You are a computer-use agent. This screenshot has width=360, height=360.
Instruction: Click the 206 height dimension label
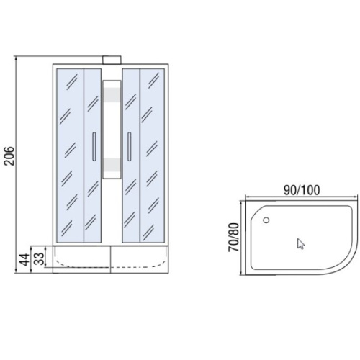click(x=10, y=156)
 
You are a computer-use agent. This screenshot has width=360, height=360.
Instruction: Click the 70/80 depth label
click(x=233, y=237)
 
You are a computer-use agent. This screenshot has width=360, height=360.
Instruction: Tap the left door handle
click(x=94, y=146)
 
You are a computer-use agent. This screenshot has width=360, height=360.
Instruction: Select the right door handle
click(x=130, y=146)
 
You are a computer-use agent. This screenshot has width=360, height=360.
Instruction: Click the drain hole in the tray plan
click(x=266, y=220)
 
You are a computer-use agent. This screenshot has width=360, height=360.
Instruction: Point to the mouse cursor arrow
click(x=300, y=244)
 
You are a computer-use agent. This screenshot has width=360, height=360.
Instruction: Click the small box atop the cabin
click(x=112, y=60)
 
